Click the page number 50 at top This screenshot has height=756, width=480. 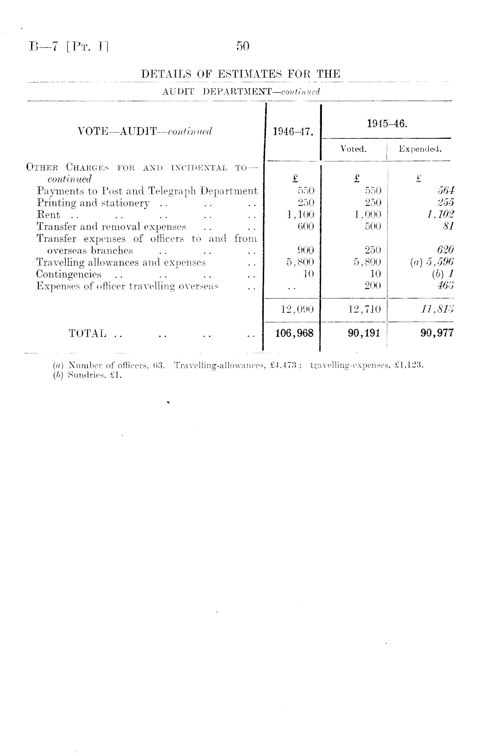point(243,47)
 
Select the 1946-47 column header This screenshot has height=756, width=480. point(293,131)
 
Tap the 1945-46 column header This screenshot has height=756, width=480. point(387,124)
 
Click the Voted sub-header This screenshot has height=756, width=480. point(353,149)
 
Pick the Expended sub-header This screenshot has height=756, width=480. point(420,149)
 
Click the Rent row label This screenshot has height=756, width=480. point(48,215)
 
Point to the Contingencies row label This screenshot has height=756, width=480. point(69,274)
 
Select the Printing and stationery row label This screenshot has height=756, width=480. point(93,203)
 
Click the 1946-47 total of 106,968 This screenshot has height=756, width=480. point(295,333)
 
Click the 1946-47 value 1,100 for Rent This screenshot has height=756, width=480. point(300,215)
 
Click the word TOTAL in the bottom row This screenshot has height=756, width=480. point(87,333)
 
